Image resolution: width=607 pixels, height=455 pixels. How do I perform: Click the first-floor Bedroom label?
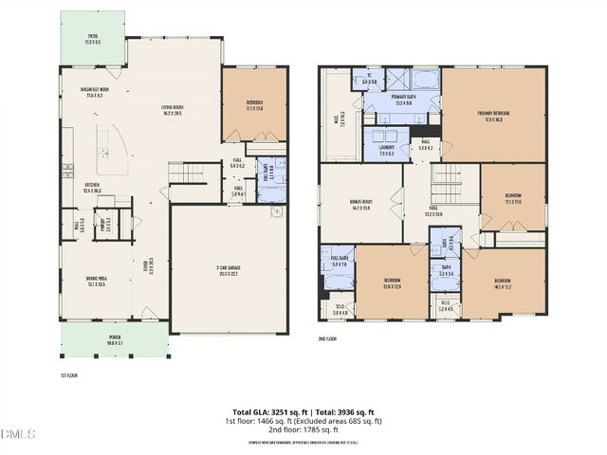point(254,105)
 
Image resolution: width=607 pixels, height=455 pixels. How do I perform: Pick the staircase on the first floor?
point(187,173)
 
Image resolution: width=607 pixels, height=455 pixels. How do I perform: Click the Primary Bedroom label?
point(494,117)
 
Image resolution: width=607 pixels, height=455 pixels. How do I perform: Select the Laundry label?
point(386,151)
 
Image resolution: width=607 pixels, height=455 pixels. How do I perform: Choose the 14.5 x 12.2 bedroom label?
point(504,284)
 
